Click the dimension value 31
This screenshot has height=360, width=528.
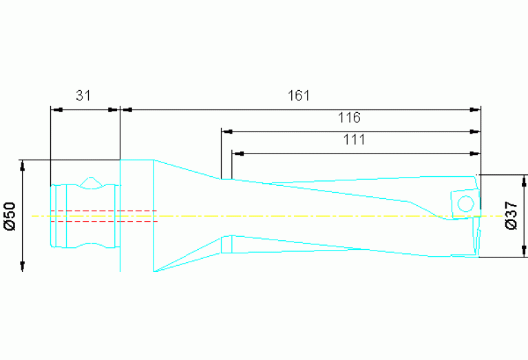[x=83, y=96]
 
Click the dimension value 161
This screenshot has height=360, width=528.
[x=298, y=96]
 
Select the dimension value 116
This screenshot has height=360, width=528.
[x=349, y=118]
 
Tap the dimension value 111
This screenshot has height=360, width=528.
[x=353, y=140]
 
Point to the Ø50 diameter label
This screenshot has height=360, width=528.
[x=10, y=215]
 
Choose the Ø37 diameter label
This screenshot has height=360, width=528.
[x=511, y=215]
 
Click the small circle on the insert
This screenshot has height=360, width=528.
[x=465, y=203]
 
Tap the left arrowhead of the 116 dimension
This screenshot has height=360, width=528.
[x=226, y=131]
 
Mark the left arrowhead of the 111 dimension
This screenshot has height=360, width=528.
[x=237, y=153]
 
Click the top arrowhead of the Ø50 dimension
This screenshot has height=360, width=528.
[x=23, y=165]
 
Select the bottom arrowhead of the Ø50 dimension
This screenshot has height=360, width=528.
[x=23, y=267]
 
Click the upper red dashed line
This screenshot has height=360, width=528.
[x=103, y=210]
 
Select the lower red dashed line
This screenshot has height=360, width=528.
[x=103, y=221]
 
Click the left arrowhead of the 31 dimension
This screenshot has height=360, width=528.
[x=56, y=109]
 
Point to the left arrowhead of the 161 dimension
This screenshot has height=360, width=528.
[x=125, y=109]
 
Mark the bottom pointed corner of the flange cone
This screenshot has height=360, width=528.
[x=154, y=271]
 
